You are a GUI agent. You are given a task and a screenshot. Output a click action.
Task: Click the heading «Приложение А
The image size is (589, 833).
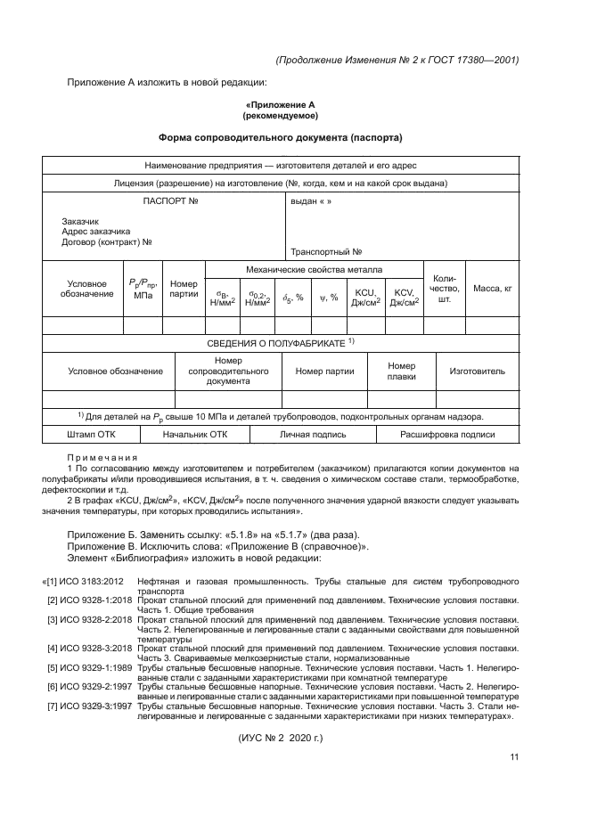[280, 104]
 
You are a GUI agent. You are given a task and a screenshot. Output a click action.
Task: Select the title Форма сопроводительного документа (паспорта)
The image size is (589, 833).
[280, 138]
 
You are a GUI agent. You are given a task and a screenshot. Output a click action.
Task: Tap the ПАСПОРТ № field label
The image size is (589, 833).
[169, 201]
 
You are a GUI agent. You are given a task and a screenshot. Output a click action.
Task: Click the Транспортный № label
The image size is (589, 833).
[325, 251]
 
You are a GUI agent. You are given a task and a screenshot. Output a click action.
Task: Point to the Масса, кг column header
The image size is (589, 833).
[493, 289]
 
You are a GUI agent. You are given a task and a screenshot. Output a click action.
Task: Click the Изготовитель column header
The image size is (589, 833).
[477, 371]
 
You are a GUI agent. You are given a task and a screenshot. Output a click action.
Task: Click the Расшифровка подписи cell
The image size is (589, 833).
[447, 435]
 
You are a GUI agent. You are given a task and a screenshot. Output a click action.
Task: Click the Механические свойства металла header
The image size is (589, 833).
[314, 269]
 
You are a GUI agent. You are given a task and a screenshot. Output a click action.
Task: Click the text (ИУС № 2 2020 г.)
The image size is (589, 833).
[280, 739]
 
